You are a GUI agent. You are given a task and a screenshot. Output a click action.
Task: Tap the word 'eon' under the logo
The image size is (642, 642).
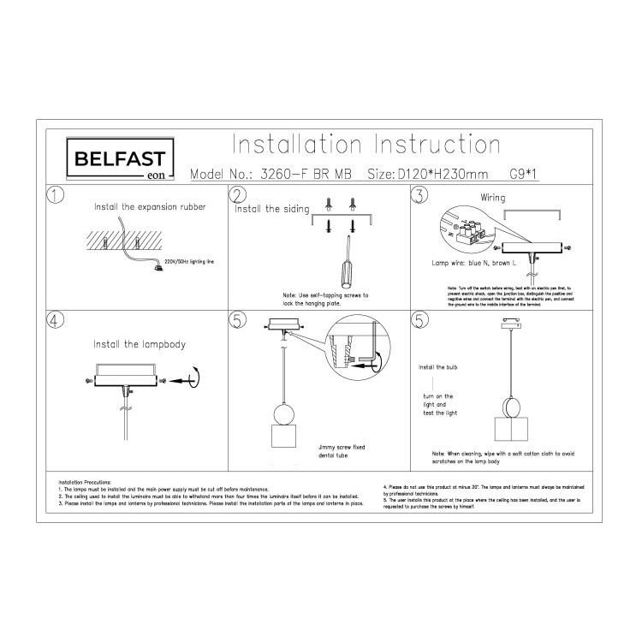coord(155,175)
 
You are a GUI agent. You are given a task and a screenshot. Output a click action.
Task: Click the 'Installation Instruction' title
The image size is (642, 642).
coord(366,143)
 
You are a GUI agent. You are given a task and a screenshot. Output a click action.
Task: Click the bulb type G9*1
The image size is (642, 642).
coord(527,174)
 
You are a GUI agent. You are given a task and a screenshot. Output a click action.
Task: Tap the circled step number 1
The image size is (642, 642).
coord(56,195)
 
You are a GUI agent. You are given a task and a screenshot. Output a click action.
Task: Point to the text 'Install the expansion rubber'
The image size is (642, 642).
coord(149,207)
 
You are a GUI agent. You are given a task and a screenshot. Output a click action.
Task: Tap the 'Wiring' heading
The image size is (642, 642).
coord(492,198)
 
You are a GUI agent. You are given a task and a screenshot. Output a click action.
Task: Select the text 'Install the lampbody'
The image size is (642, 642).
coord(139,344)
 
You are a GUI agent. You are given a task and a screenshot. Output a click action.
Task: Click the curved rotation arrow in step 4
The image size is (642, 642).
coord(199,374)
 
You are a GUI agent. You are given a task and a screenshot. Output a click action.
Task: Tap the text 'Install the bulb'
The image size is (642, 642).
coord(438,366)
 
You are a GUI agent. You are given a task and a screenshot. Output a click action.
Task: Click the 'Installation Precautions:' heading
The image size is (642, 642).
coord(89,484)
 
